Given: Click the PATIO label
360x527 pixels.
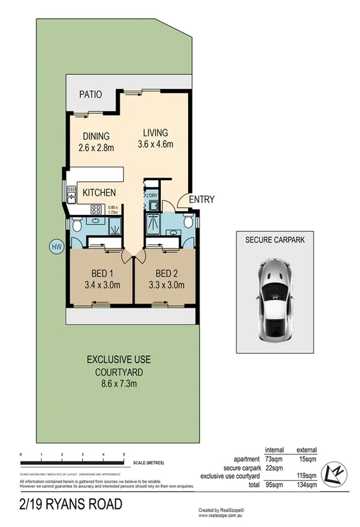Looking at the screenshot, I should coord(91,95).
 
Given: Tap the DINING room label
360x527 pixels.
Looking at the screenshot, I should coord(96,136).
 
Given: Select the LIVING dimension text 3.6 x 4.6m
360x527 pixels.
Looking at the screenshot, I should coord(155,145).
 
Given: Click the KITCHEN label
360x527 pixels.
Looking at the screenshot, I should coord(99,192).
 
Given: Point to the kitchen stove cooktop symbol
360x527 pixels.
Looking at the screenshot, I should coord(96,208).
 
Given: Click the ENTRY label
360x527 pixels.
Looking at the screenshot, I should coord(201,199).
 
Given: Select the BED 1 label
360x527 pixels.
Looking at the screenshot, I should coord(96,272).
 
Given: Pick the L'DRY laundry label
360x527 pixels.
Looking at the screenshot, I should coord(152,196).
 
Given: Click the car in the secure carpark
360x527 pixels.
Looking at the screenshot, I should coord(274,300).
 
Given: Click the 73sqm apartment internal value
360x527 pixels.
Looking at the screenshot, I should coord(275,459).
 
